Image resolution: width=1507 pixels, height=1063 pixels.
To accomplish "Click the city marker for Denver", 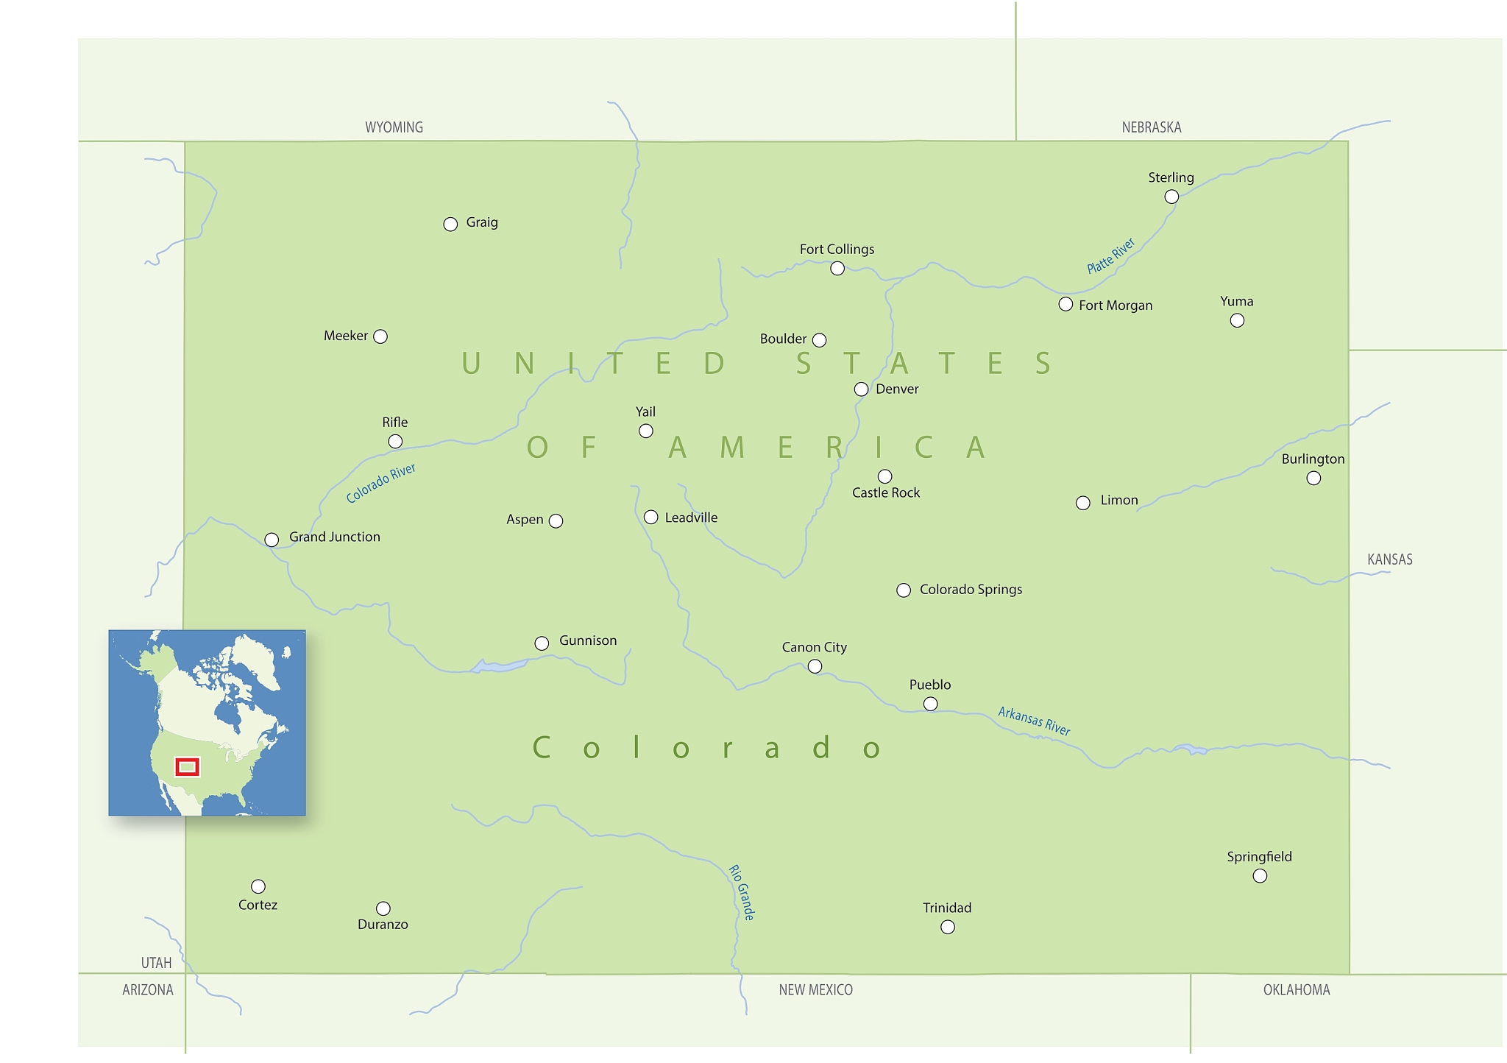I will tap(861, 389).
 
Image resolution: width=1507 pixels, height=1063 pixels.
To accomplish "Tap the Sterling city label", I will tap(1171, 177).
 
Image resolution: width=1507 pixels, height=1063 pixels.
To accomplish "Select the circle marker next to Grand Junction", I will tap(272, 540).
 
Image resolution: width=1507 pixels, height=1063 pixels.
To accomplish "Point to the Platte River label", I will tap(1111, 255).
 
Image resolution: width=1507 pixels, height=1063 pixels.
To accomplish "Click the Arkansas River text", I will tap(1034, 721).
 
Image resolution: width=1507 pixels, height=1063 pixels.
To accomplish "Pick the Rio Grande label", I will tap(742, 892).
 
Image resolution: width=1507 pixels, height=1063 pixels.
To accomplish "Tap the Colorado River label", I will tap(381, 483).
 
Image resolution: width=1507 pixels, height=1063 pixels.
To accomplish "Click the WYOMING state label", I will tap(394, 127).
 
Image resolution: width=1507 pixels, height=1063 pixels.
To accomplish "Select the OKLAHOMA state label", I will tap(1297, 990).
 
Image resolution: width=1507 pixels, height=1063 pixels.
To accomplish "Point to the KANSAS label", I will tap(1389, 559).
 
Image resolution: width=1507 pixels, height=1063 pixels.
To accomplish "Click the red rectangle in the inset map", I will tap(187, 766).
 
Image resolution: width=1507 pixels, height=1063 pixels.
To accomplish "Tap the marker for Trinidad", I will tap(948, 927).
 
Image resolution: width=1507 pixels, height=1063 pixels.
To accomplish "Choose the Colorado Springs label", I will tap(971, 590).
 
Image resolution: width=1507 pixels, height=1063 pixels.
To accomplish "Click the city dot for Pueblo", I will tap(930, 704).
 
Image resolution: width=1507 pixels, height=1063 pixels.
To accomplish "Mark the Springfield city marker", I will tap(1260, 875).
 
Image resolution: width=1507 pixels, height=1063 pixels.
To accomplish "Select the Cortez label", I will tap(258, 905).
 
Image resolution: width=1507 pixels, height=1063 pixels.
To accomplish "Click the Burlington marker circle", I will tap(1313, 478).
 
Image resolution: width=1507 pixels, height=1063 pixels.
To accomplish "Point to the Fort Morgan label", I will tap(1116, 306).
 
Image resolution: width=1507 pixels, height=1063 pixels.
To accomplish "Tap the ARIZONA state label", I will tap(148, 990).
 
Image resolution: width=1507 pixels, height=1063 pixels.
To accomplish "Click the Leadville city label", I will tap(691, 518).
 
